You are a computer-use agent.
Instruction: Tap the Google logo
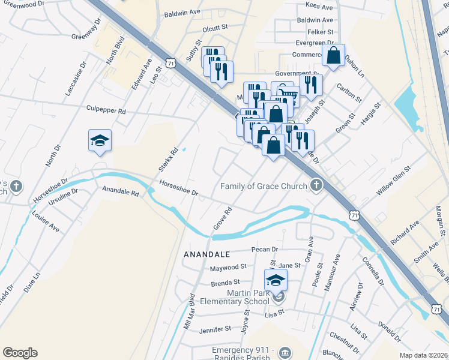20,353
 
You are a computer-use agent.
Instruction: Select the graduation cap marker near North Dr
100,140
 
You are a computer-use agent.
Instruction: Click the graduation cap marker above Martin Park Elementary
276,280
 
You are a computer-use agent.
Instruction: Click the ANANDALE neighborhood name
208,254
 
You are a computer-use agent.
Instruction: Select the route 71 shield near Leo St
172,62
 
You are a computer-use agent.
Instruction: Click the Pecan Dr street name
267,250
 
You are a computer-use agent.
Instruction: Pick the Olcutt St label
216,27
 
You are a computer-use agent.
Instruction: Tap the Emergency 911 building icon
285,351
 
